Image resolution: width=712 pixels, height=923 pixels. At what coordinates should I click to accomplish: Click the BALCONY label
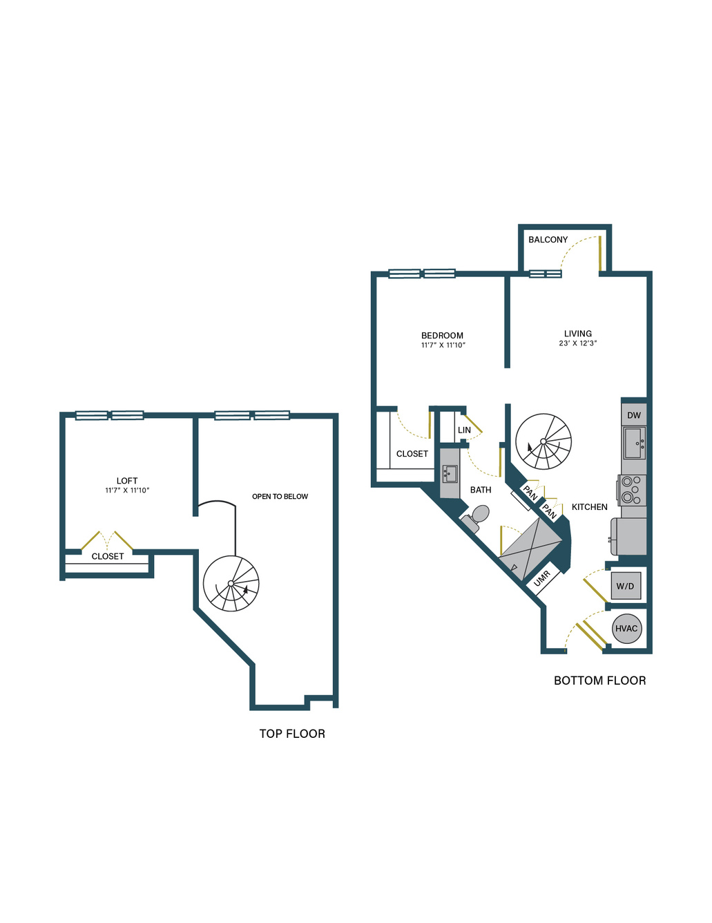(548, 240)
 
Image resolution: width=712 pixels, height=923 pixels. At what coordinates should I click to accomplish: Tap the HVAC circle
(626, 629)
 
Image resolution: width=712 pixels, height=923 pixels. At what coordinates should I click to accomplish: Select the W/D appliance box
(626, 586)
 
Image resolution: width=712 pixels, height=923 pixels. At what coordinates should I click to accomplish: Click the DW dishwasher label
(634, 415)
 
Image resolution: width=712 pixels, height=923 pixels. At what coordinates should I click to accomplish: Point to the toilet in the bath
(475, 517)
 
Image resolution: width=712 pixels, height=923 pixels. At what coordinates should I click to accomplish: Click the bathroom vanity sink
(449, 474)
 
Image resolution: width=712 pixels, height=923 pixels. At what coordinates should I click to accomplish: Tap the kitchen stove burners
(631, 490)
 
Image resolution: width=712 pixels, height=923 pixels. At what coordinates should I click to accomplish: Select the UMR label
(541, 579)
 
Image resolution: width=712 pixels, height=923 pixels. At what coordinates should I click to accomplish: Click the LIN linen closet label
(464, 430)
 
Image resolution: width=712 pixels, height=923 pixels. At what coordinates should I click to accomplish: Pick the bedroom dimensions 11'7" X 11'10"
(443, 345)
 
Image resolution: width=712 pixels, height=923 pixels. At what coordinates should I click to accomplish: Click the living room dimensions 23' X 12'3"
(578, 343)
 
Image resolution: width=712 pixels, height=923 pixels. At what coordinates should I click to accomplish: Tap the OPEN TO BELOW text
(280, 497)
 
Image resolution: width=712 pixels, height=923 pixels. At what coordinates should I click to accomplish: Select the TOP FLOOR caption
(292, 734)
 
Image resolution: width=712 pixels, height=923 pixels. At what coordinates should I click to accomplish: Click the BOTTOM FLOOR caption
(599, 681)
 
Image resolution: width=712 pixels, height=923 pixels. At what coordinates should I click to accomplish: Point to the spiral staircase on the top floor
(231, 584)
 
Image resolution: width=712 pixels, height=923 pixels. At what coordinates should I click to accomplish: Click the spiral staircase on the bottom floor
(543, 441)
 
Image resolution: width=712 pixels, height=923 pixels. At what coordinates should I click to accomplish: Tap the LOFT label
(127, 481)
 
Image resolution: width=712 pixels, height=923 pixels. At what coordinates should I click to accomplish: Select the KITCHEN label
(589, 506)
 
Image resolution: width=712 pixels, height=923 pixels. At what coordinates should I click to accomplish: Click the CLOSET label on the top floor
(108, 556)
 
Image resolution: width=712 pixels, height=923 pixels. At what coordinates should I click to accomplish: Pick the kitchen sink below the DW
(635, 443)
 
